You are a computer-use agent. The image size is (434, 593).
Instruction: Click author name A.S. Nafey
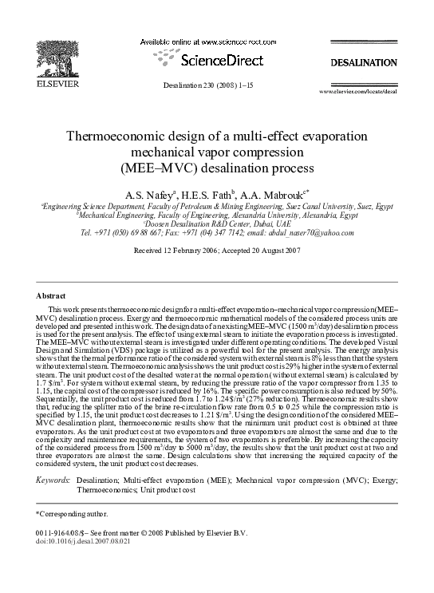(148, 195)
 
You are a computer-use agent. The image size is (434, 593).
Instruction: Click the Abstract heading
(51, 295)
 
